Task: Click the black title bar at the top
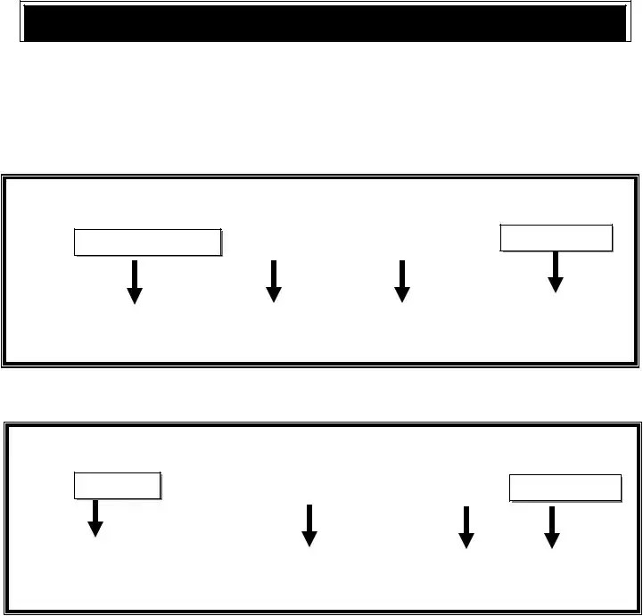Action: pyautogui.click(x=323, y=23)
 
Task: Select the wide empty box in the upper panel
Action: pyautogui.click(x=147, y=242)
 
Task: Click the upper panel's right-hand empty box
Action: pyautogui.click(x=556, y=238)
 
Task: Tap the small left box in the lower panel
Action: pyautogui.click(x=117, y=486)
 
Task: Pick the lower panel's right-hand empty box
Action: pyautogui.click(x=565, y=489)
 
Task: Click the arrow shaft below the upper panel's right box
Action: pyautogui.click(x=556, y=264)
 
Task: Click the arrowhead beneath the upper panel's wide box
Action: pyautogui.click(x=135, y=296)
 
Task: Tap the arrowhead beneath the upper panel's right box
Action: pyautogui.click(x=556, y=284)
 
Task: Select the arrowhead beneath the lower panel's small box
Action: pyautogui.click(x=95, y=529)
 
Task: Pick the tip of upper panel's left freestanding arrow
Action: pyautogui.click(x=274, y=300)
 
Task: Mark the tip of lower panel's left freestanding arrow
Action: pyautogui.click(x=309, y=545)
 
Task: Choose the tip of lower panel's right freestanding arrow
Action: pyautogui.click(x=466, y=546)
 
